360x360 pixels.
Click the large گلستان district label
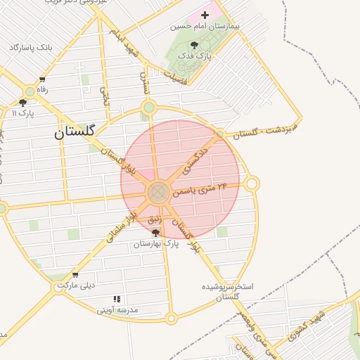[x=78, y=131]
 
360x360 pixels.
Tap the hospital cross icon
[x=205, y=15]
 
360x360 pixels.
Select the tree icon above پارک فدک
[x=194, y=44]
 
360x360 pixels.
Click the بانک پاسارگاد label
[x=31, y=47]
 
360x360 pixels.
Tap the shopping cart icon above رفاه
[x=42, y=79]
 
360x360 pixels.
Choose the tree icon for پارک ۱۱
[x=22, y=103]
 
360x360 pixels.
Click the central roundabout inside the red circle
[x=158, y=191]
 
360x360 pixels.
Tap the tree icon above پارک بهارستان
[x=155, y=233]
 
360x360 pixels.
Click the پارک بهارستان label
[x=155, y=243]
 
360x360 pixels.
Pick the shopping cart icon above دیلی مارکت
[x=75, y=275]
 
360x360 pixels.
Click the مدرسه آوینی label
[x=117, y=309]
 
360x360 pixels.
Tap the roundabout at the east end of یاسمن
[x=252, y=184]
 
